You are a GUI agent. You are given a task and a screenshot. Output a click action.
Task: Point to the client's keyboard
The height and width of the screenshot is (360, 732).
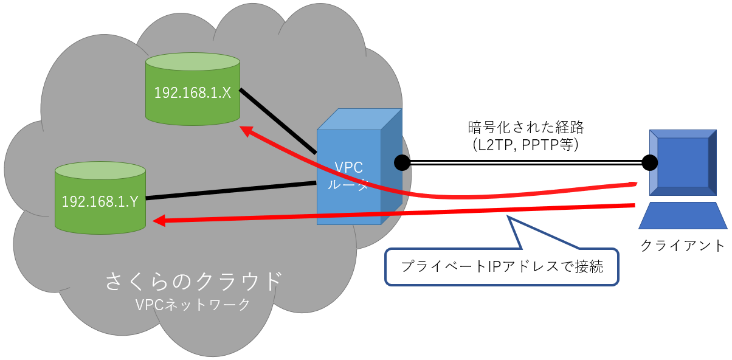pyautogui.click(x=683, y=216)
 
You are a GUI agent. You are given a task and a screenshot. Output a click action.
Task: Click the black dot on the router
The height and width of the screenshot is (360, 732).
pyautogui.click(x=401, y=162)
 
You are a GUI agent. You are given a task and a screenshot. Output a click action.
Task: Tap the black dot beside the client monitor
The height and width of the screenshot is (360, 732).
pyautogui.click(x=649, y=162)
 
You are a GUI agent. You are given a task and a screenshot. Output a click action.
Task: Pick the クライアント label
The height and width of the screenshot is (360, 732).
pyautogui.click(x=683, y=246)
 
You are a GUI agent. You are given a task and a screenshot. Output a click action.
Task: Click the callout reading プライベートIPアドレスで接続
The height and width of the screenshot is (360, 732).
pyautogui.click(x=502, y=266)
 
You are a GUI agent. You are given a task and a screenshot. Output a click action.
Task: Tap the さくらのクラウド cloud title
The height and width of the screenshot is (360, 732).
pyautogui.click(x=194, y=281)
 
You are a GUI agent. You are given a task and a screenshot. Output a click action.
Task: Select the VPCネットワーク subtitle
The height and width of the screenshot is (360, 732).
pyautogui.click(x=194, y=305)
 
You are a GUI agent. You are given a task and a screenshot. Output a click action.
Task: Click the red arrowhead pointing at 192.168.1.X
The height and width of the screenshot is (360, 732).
pyautogui.click(x=246, y=130)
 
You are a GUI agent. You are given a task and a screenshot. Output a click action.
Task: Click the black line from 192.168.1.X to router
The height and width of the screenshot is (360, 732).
pyautogui.click(x=278, y=121)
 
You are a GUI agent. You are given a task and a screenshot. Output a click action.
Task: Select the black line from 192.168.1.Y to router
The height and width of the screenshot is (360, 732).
pyautogui.click(x=231, y=190)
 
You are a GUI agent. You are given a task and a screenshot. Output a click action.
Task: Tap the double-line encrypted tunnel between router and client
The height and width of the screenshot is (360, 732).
pyautogui.click(x=525, y=162)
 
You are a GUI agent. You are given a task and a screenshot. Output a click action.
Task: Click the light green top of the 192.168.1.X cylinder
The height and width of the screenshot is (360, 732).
pyautogui.click(x=193, y=62)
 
